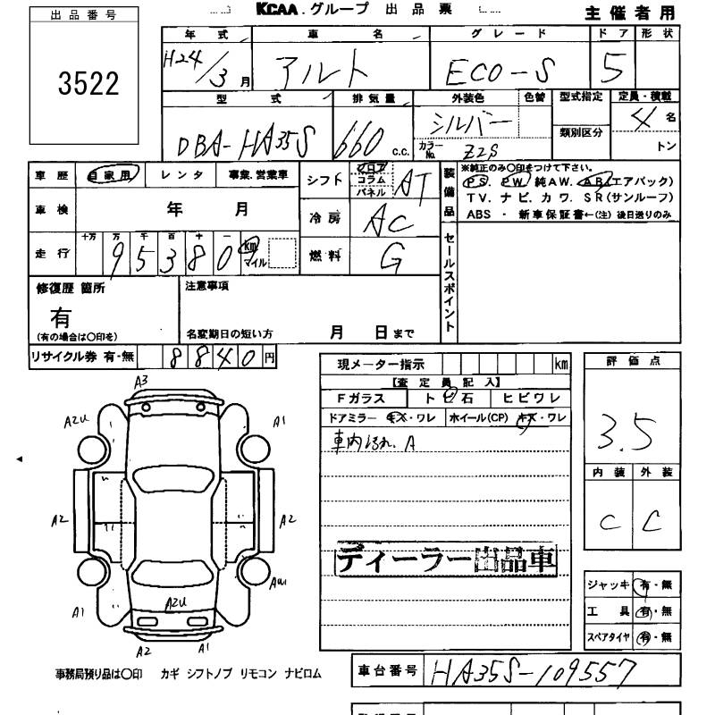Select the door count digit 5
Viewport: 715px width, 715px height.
pos(612,66)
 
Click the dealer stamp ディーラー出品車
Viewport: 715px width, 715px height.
pos(445,560)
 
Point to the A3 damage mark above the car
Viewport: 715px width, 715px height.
pos(140,382)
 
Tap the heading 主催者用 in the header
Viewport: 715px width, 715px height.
pos(641,13)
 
